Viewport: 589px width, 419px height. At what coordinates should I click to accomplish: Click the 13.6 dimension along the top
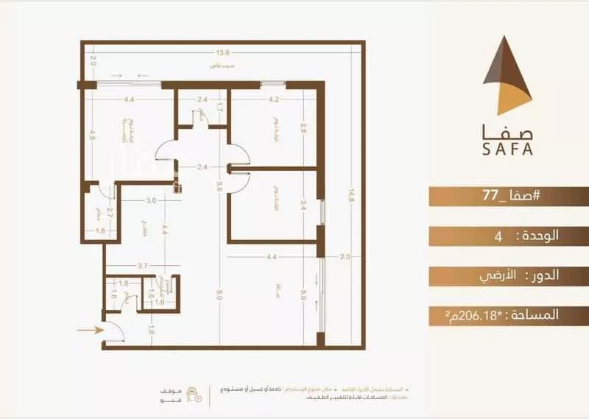click(222, 53)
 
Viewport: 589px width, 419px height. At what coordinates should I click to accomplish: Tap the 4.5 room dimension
click(94, 135)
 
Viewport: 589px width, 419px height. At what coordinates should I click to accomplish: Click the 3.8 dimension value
click(303, 126)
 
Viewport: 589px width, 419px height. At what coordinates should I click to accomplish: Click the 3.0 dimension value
click(150, 200)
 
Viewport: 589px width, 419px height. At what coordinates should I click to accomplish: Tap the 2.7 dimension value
click(110, 216)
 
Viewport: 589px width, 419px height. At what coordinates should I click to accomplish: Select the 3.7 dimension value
click(144, 266)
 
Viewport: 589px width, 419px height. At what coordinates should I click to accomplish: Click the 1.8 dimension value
click(124, 283)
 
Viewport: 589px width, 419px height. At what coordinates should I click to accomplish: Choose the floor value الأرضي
click(506, 275)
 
